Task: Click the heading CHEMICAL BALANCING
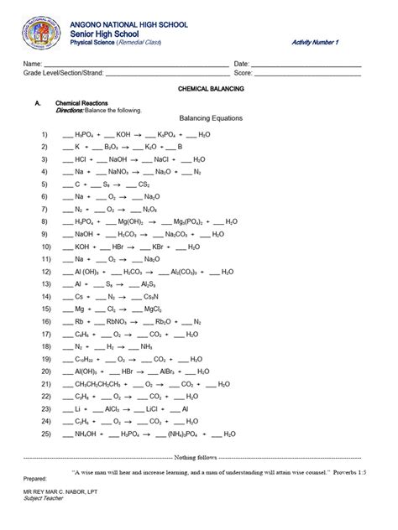(206, 86)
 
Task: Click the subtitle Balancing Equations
(211, 119)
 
